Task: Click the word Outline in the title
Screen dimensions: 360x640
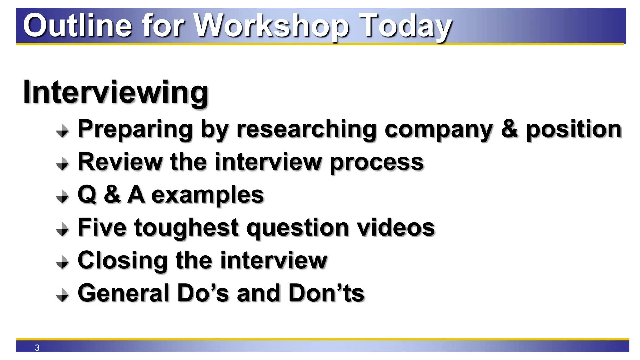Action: point(77,26)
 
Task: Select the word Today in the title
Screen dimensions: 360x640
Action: point(406,27)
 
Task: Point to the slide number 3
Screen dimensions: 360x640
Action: point(37,347)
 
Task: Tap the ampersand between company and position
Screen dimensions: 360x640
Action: point(509,129)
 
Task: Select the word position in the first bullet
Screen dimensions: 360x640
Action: point(574,129)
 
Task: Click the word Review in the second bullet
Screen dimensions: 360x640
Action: point(120,162)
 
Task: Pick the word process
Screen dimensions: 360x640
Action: point(377,162)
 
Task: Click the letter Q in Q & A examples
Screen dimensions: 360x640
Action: point(87,195)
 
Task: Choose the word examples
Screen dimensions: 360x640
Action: point(208,195)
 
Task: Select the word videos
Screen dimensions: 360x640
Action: point(396,227)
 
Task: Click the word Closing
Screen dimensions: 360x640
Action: point(122,261)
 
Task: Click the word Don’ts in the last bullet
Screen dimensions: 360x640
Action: point(327,293)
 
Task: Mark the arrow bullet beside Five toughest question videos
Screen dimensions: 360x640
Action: point(62,230)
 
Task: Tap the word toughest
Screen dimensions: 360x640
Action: point(186,228)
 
